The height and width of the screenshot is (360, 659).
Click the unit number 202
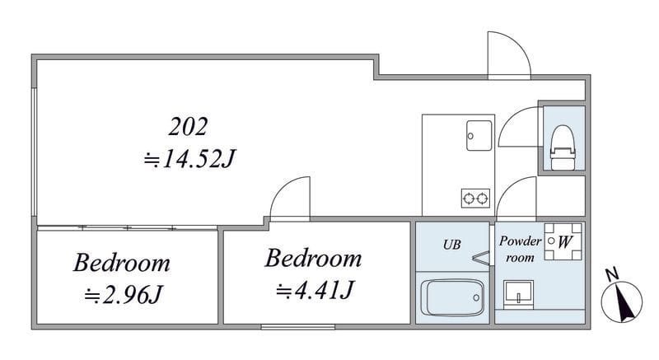188,126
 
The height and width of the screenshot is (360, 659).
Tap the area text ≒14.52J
190,159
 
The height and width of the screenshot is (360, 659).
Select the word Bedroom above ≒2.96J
122,264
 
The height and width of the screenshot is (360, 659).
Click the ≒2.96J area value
123,294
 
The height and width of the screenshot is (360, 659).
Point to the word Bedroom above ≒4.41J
313,259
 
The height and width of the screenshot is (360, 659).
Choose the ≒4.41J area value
315,290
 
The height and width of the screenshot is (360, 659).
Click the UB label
451,245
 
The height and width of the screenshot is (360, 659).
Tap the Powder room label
520,249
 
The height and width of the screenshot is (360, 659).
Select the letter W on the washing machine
565,242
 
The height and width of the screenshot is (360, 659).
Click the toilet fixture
563,147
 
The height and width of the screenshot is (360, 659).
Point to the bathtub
451,298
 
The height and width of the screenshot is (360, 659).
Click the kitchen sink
479,136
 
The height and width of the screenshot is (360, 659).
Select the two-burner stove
475,198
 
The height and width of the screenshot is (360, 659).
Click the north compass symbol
622,302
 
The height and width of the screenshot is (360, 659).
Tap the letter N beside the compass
612,274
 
